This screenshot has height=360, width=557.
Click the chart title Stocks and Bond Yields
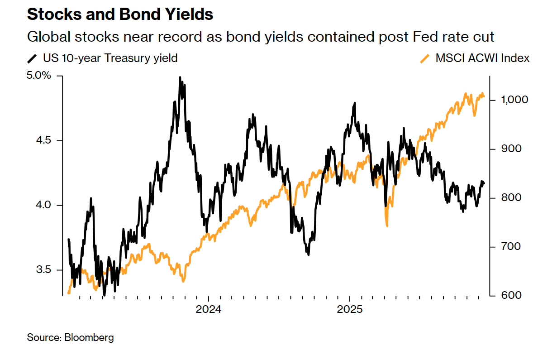pos(120,14)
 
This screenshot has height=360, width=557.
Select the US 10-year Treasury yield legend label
pos(110,58)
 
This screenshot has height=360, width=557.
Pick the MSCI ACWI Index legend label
pos(482,58)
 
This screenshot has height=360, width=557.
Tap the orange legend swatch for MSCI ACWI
pos(425,58)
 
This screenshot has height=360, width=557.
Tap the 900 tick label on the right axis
pos(504,149)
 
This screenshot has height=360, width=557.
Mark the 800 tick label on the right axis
pos(504,197)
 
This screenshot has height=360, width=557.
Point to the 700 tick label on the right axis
pos(504,246)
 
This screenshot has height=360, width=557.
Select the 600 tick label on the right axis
pos(504,295)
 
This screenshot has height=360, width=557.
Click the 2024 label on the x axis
pos(208,311)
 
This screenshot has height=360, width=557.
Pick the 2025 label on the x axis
pos(350,311)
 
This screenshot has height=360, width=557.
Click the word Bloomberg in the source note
pos(89,337)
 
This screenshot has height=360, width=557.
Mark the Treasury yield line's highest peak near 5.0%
pos(180,78)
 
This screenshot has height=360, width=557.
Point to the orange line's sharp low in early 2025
pos(387,226)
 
